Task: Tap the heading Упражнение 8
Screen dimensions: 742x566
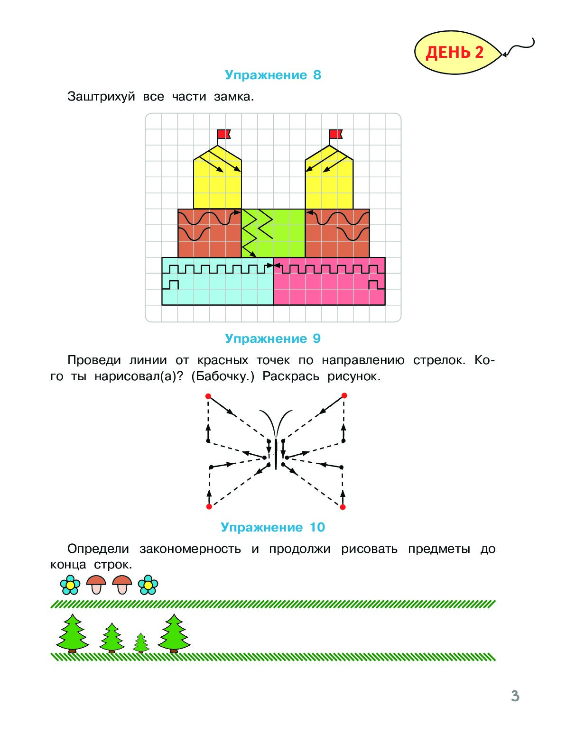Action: pyautogui.click(x=273, y=75)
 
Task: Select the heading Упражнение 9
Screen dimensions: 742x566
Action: pyautogui.click(x=273, y=339)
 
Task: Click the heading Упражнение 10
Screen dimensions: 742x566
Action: pyautogui.click(x=273, y=527)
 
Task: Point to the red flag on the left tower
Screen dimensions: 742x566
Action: pyautogui.click(x=223, y=134)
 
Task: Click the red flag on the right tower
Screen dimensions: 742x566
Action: pyautogui.click(x=335, y=134)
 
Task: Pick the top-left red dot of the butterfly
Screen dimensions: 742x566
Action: pyautogui.click(x=208, y=396)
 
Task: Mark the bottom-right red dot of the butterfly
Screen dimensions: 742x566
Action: pyautogui.click(x=343, y=507)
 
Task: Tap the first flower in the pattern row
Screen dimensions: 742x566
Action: pyautogui.click(x=70, y=585)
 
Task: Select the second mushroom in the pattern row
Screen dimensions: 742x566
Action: pyautogui.click(x=122, y=585)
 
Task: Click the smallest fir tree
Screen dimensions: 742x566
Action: pyautogui.click(x=141, y=643)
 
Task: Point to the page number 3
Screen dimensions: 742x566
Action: pyautogui.click(x=515, y=696)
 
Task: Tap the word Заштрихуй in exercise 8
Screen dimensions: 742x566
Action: pyautogui.click(x=101, y=97)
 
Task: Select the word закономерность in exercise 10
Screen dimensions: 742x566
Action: pyautogui.click(x=190, y=549)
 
